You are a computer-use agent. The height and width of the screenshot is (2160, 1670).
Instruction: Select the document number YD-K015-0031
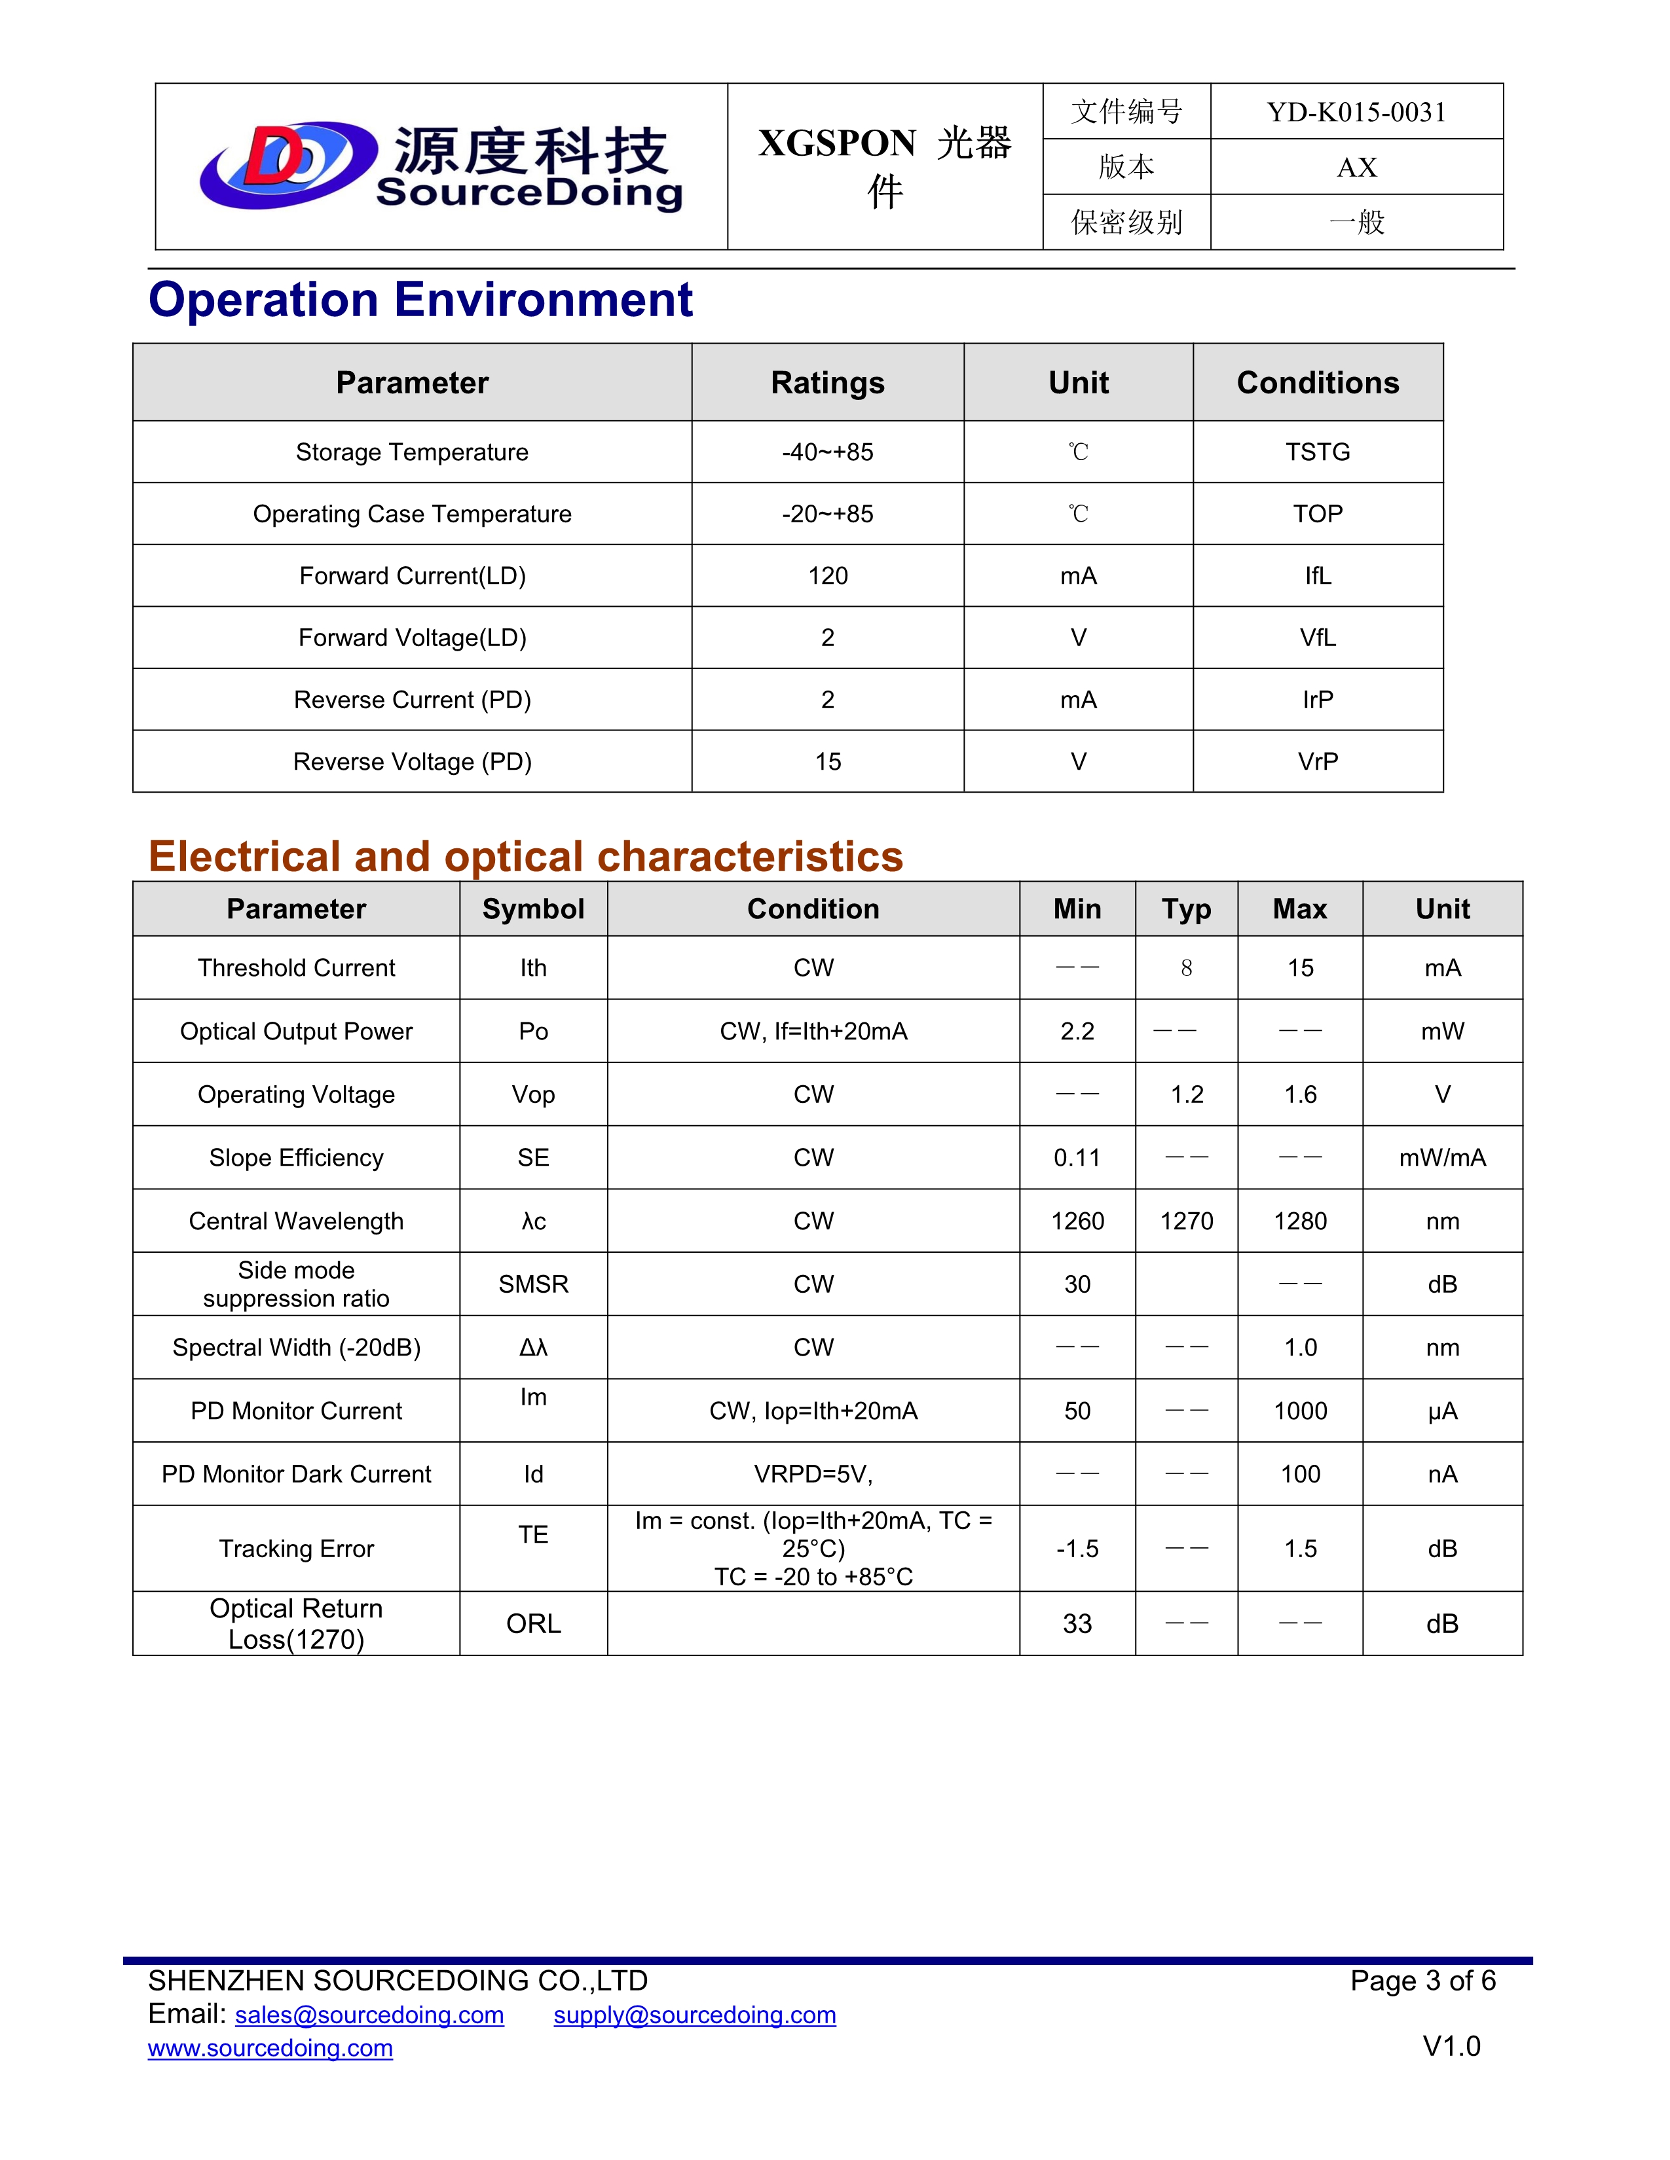[x=1356, y=112]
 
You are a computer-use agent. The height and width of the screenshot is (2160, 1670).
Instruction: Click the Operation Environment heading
[x=420, y=300]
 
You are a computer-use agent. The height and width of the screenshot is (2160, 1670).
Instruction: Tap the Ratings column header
[x=827, y=383]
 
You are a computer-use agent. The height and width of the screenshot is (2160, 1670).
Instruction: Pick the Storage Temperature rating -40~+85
[x=827, y=452]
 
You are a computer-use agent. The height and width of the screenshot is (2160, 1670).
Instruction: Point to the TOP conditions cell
[x=1317, y=514]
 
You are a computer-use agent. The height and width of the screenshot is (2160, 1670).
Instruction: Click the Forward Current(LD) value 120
[x=827, y=575]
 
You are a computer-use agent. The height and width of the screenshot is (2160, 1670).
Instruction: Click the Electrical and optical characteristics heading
[x=525, y=857]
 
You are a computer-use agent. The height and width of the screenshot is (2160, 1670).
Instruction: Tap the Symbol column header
[x=533, y=909]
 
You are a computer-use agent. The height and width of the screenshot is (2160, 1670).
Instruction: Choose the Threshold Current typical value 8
[x=1186, y=968]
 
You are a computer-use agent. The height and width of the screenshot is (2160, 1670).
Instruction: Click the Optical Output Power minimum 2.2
[x=1077, y=1032]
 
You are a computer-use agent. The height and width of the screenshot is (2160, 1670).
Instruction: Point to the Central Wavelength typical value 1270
[x=1186, y=1221]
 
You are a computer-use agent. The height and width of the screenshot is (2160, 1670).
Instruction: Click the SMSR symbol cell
[x=533, y=1285]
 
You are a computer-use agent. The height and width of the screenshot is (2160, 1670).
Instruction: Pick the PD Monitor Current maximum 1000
[x=1300, y=1411]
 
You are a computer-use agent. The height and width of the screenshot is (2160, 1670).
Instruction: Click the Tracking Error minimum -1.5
[x=1077, y=1549]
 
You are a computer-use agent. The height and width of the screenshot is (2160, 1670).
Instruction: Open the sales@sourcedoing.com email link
[x=369, y=2015]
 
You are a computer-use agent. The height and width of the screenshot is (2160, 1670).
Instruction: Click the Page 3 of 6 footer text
[x=1422, y=1981]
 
